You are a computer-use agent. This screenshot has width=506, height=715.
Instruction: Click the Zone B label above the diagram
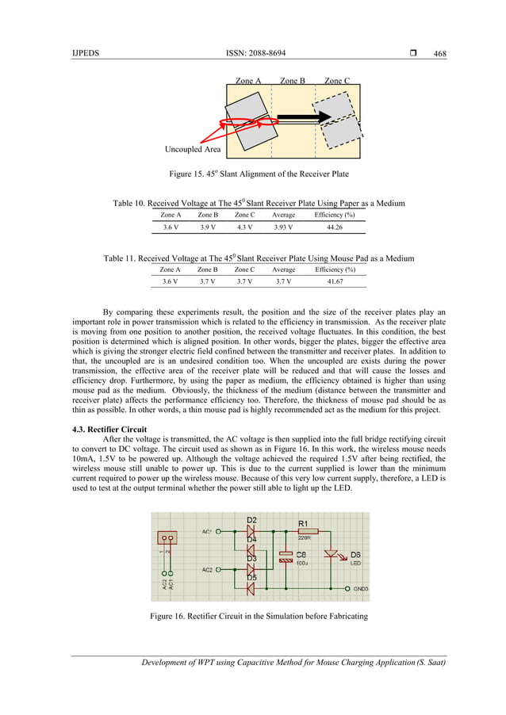(292, 81)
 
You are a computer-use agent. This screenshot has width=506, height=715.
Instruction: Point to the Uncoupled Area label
(193, 149)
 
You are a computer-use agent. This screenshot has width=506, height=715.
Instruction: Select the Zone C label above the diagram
(337, 81)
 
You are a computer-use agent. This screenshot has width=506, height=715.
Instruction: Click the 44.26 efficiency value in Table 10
(334, 227)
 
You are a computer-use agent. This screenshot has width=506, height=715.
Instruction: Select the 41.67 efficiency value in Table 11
(334, 281)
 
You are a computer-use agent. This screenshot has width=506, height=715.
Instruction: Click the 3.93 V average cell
(282, 227)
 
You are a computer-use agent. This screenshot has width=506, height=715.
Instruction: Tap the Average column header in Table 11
(282, 270)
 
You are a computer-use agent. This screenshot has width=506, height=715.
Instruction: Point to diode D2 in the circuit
(251, 532)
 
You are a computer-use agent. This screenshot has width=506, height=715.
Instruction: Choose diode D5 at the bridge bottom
(251, 588)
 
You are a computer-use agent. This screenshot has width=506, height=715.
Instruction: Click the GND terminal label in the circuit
(360, 589)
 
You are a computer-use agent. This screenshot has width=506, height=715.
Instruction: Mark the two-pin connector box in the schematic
(167, 538)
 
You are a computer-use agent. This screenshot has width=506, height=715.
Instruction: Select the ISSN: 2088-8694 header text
(256, 53)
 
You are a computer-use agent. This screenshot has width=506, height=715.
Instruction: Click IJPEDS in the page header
(85, 53)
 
